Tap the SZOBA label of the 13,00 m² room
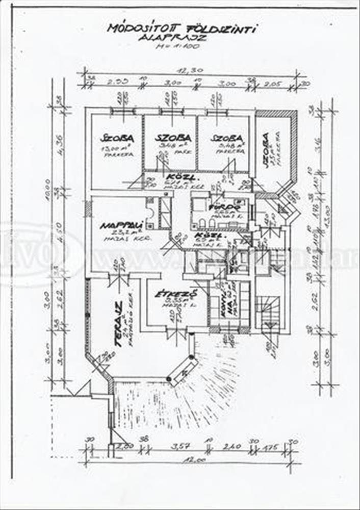[117, 138]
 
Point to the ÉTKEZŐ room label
[169, 294]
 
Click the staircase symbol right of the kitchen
[267, 311]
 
